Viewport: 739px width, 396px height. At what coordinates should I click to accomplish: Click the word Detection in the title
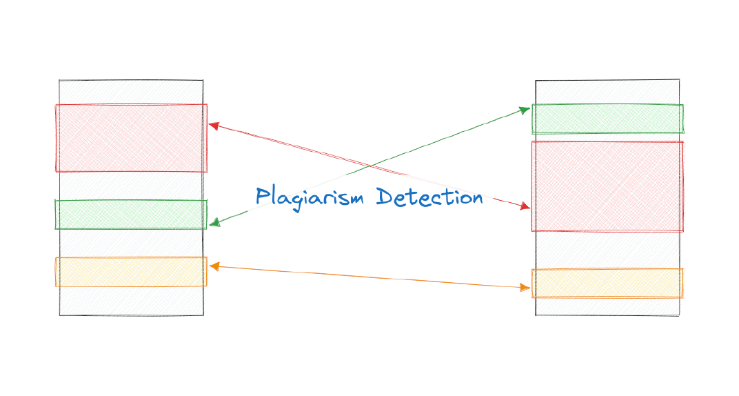(x=429, y=197)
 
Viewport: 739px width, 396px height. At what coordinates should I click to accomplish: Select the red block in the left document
(x=131, y=138)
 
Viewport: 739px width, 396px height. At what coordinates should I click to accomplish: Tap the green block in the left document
(x=131, y=215)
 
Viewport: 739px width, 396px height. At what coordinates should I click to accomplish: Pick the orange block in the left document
(x=131, y=272)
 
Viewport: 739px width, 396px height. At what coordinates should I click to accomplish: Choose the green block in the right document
(x=607, y=119)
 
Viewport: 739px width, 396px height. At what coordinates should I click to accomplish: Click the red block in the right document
(x=607, y=186)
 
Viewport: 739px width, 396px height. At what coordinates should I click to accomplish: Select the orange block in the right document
(x=607, y=283)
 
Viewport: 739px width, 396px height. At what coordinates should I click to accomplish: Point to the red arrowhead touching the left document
(x=214, y=126)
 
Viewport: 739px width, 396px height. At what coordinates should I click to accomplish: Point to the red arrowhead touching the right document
(x=525, y=206)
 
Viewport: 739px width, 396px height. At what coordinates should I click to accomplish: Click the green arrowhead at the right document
(x=525, y=108)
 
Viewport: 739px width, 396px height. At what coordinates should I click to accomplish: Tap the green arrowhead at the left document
(x=214, y=223)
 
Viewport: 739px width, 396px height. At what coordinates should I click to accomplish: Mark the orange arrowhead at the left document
(x=214, y=266)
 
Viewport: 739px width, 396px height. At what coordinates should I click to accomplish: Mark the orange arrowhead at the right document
(x=525, y=288)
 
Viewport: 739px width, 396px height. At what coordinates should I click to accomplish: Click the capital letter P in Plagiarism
(x=262, y=197)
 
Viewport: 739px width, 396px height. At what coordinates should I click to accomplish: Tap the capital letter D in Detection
(x=384, y=197)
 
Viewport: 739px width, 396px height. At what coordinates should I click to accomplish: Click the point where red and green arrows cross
(x=370, y=166)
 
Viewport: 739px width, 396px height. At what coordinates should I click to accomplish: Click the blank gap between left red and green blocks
(x=131, y=186)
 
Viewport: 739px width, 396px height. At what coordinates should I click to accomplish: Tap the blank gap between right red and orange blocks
(x=607, y=250)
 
